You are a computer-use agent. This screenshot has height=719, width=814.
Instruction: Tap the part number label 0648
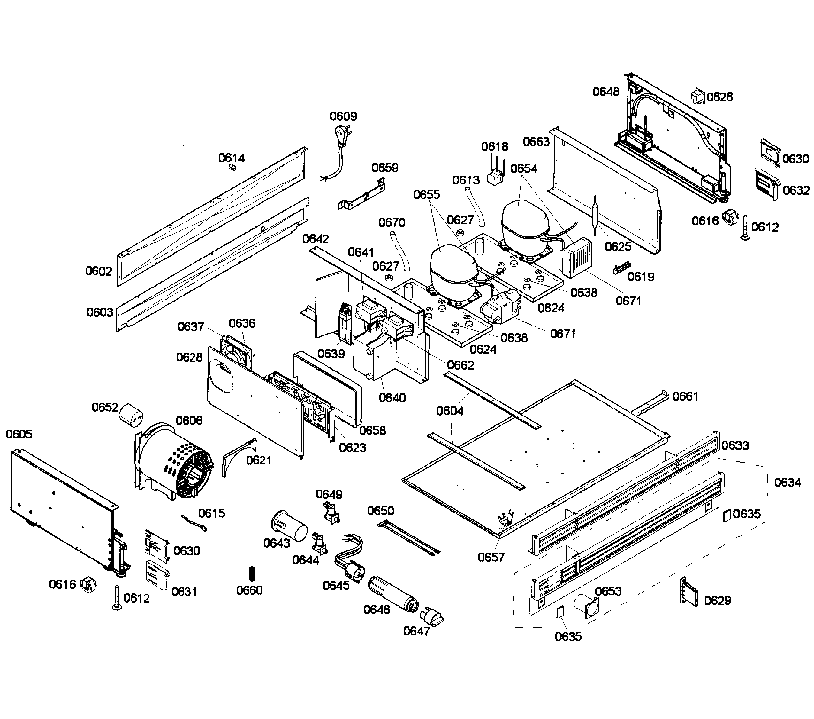click(605, 92)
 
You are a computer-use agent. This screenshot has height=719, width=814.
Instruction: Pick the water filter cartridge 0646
click(392, 595)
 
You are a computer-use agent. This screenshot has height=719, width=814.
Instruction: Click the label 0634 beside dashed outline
click(787, 483)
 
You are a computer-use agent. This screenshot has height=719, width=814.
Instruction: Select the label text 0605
click(19, 434)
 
